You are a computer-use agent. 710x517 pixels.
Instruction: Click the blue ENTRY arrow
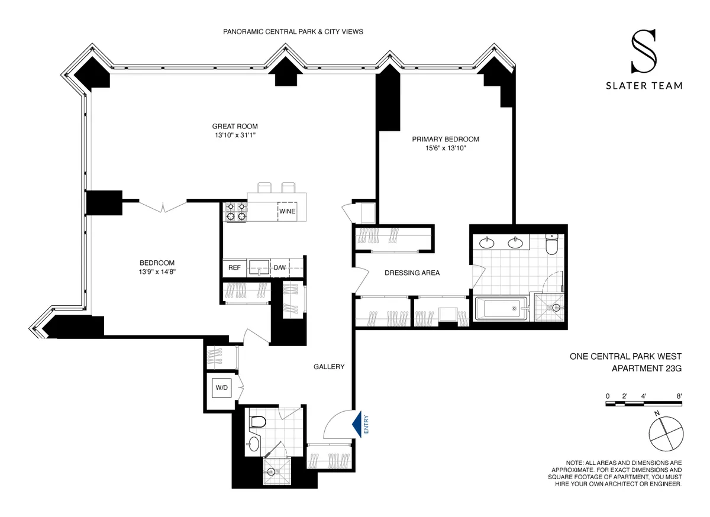click(357, 425)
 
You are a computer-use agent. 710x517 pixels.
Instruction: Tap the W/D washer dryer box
click(222, 388)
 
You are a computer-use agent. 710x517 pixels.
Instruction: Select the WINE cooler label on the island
click(288, 211)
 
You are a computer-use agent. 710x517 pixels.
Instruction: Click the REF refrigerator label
click(234, 267)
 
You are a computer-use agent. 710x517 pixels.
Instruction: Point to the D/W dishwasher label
click(279, 267)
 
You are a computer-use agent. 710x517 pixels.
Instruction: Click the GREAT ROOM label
click(235, 126)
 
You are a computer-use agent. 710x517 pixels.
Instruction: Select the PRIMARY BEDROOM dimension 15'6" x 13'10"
click(445, 148)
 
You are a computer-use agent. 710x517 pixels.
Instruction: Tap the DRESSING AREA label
click(412, 273)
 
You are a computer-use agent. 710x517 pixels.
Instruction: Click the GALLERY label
click(329, 367)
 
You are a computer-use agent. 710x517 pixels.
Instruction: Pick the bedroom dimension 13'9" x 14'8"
click(157, 272)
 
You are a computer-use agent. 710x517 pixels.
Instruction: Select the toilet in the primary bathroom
click(552, 244)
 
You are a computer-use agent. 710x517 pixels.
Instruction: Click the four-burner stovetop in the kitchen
click(235, 211)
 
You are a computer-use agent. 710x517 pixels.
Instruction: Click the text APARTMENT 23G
click(646, 369)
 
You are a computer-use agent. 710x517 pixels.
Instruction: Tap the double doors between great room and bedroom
click(163, 205)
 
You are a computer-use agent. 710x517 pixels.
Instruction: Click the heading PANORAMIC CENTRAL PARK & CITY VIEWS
click(293, 31)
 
